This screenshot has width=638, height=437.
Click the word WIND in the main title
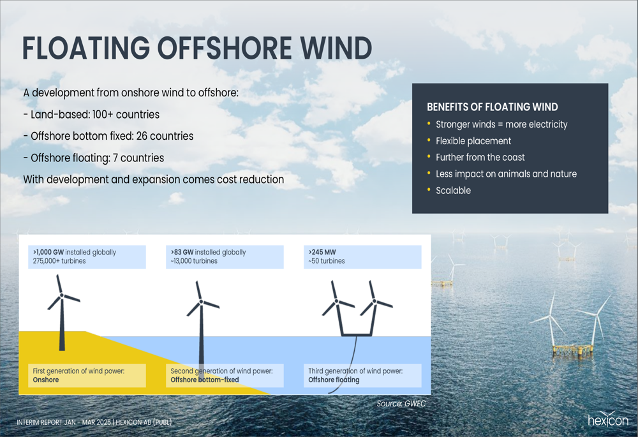[x=336, y=48]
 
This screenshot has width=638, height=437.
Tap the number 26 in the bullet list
[x=142, y=136]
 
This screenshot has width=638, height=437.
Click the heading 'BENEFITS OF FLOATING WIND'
[x=493, y=107]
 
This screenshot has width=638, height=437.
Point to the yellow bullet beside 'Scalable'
[x=429, y=189]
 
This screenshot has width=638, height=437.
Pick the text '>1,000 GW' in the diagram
[x=48, y=252]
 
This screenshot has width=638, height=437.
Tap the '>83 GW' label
[x=182, y=252]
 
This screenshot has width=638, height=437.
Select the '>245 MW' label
[x=322, y=252]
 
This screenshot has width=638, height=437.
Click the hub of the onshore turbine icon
[x=62, y=295]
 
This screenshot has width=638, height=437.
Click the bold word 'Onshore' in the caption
[x=46, y=380]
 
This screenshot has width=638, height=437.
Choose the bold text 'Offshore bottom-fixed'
[x=205, y=380]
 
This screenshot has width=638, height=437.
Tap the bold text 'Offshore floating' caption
[x=334, y=380]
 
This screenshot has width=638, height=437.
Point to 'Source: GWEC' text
[x=401, y=404]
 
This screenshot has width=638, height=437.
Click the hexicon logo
[x=608, y=419]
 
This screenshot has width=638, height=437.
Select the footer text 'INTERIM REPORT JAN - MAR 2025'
[x=64, y=422]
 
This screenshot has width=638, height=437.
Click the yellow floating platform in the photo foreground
[x=573, y=350]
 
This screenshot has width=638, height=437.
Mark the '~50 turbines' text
[x=326, y=261]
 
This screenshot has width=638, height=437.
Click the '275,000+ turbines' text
[x=59, y=261]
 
